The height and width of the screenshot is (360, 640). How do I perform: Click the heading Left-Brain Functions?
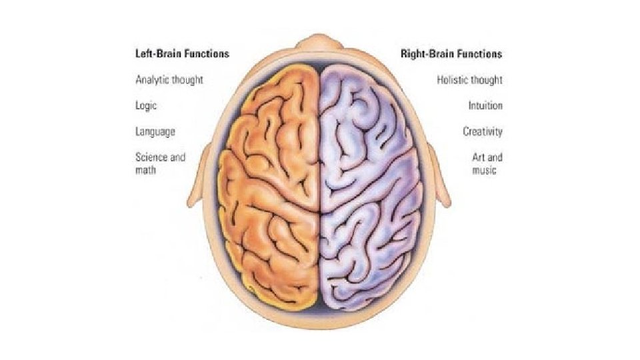tap(182, 54)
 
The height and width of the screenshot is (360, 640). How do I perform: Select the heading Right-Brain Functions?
tap(451, 54)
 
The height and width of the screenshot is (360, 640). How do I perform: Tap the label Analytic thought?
tap(169, 80)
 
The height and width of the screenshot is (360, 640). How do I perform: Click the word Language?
tap(155, 132)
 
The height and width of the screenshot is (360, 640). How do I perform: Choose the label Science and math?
tap(160, 164)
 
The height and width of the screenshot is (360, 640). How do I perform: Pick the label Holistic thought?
tap(469, 80)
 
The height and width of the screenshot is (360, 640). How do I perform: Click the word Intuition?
tap(485, 106)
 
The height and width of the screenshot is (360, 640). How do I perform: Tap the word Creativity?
tap(483, 132)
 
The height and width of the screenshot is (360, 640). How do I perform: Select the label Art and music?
tap(487, 164)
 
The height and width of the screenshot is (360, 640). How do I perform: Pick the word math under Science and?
tap(147, 171)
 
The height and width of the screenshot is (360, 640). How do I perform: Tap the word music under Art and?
tap(485, 171)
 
